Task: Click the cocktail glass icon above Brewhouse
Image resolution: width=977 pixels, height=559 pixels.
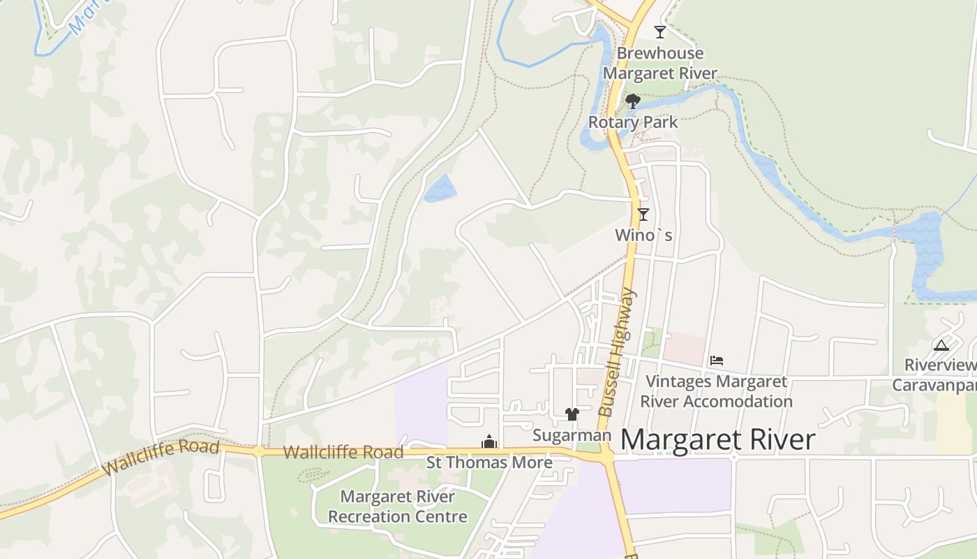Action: [659, 32]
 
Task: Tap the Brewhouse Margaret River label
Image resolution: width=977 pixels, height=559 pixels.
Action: [660, 63]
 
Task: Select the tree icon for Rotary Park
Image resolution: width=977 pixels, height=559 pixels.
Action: [633, 102]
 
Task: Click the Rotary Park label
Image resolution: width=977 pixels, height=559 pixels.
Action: [633, 122]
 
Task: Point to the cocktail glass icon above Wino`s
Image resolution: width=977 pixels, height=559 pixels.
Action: [643, 215]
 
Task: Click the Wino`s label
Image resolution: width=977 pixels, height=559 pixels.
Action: [643, 235]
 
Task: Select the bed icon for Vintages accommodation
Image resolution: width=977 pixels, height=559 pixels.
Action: [717, 361]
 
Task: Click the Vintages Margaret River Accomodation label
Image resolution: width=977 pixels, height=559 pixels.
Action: [716, 391]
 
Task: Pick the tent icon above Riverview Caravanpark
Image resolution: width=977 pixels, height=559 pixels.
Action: [941, 344]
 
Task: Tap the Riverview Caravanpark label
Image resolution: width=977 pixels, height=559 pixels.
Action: [935, 375]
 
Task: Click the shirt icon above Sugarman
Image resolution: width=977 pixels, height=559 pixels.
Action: [572, 414]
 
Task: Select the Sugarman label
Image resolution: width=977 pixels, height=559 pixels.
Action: [572, 435]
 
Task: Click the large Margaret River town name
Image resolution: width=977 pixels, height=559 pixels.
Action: [717, 440]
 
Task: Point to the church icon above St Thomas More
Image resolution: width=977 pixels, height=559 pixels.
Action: [489, 442]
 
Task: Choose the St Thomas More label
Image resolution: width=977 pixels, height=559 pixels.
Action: [489, 463]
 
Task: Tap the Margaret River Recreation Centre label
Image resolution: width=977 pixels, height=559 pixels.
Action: [398, 507]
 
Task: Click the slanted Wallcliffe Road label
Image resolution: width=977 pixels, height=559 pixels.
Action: [161, 458]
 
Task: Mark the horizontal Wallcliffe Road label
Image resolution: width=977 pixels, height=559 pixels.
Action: [343, 452]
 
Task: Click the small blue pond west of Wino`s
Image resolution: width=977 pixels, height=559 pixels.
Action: [440, 188]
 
